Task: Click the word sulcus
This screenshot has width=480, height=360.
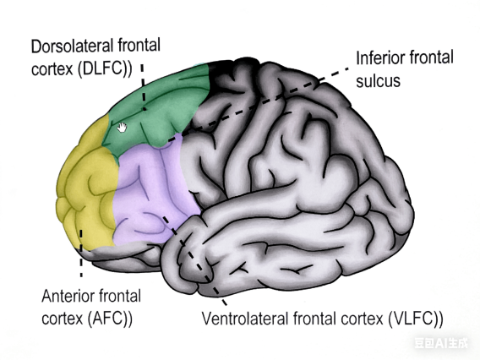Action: pos(377,82)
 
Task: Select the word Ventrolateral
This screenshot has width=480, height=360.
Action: pos(245,319)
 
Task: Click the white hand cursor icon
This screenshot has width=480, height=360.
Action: pos(123,127)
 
